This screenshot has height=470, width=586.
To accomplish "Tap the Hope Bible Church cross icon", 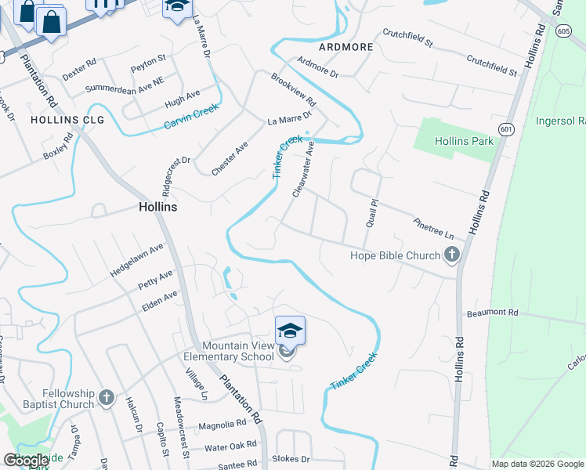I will click(451, 255).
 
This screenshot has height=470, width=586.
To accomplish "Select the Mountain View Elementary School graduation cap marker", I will click(289, 331).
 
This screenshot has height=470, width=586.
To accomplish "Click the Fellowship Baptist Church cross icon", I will click(107, 399).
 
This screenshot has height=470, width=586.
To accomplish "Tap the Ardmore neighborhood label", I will click(345, 47).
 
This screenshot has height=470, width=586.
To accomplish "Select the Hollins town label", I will click(157, 208).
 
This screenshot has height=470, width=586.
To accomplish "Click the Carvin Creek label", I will click(190, 118).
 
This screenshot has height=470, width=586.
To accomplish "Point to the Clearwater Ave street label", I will click(302, 169).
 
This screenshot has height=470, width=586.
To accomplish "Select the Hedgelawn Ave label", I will click(136, 258).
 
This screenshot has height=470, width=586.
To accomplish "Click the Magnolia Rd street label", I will click(222, 425).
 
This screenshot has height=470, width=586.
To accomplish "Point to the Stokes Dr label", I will click(291, 458).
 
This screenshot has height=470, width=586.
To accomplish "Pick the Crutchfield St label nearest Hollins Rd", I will click(492, 65).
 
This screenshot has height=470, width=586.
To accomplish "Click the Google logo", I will click(27, 461).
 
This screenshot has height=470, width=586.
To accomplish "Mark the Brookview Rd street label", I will click(293, 91).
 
